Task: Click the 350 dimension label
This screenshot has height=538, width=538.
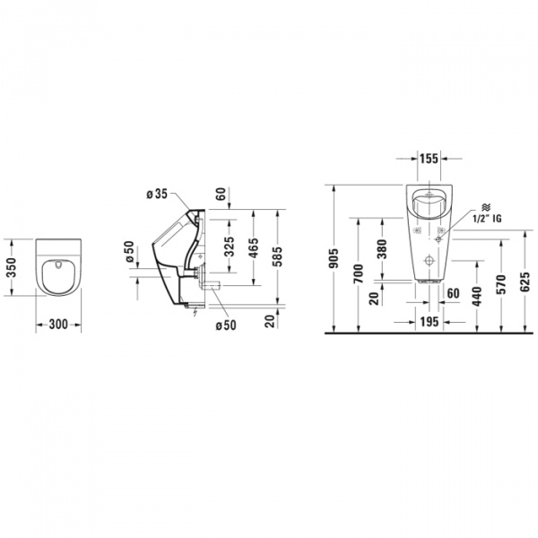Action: [x=11, y=266]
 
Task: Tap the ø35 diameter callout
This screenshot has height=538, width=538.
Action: [x=156, y=192]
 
